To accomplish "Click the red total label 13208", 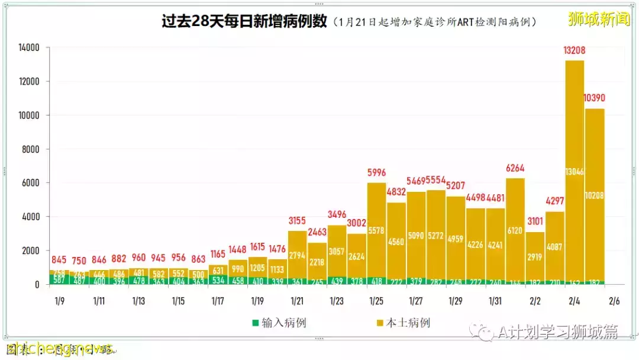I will pos(575,51).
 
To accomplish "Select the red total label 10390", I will pos(594,98).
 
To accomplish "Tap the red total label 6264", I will pos(515,168).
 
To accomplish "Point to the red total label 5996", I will pos(376,172).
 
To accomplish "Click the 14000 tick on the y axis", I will pos(28,48).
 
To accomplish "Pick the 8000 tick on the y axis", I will pos(30,150).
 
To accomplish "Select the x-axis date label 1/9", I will pos(59,301).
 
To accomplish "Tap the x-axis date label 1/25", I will pos(376,301).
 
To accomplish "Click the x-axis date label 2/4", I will pos(575,301).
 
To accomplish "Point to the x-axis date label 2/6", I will pos(614,301).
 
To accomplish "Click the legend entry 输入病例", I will pos(279,323).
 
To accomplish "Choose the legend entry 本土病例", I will pos(403,323).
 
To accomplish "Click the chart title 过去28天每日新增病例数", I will pos(244,21).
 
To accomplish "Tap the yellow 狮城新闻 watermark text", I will pos(598,20).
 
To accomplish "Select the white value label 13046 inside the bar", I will pos(575,172).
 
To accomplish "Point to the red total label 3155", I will pos(297,221).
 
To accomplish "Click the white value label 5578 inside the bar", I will pos(376,230).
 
